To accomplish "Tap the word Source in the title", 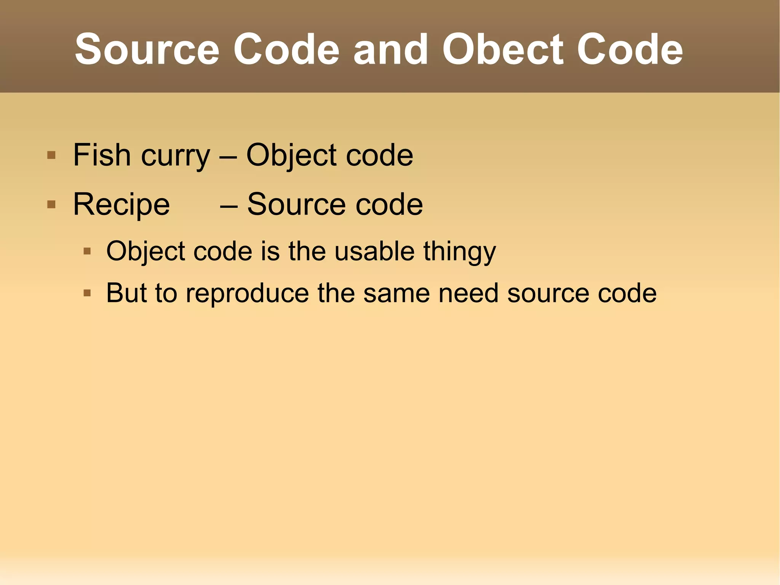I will tap(147, 50).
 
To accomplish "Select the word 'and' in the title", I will tap(391, 50).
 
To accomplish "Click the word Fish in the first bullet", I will tap(102, 155).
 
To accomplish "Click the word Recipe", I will tap(121, 205).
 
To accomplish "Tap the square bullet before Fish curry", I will tap(51, 155).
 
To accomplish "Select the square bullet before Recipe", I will tap(51, 205).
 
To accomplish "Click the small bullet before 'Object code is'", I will tap(87, 251).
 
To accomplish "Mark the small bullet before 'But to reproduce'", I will tap(87, 293).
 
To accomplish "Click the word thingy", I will tap(460, 252).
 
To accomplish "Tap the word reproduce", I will tap(247, 293).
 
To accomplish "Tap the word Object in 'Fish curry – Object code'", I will tap(291, 155).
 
